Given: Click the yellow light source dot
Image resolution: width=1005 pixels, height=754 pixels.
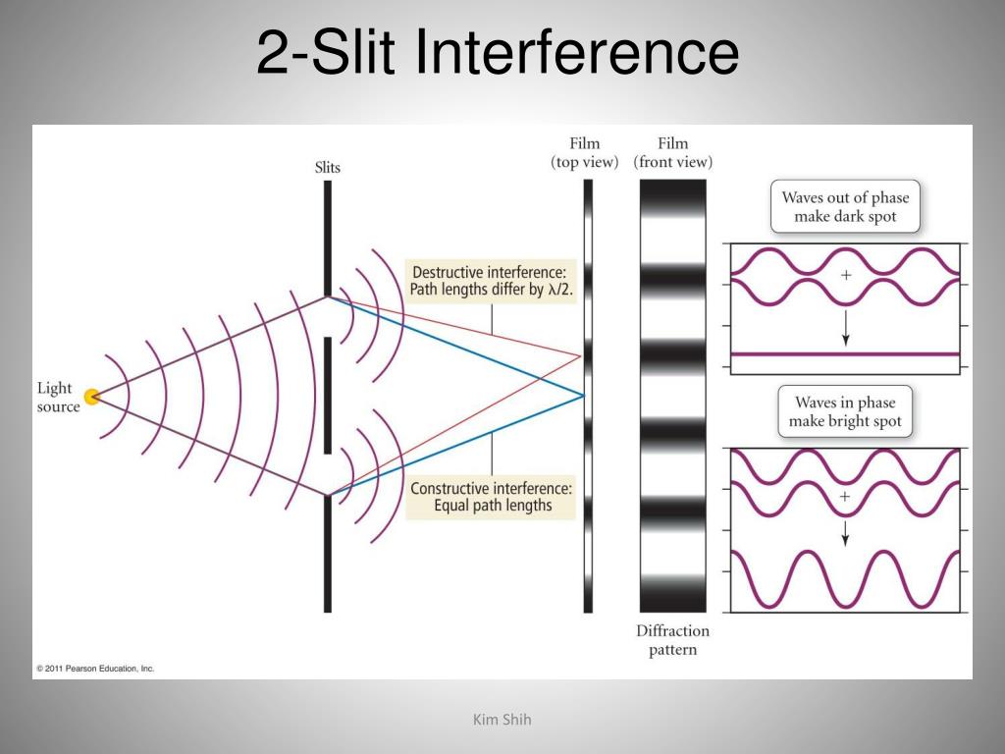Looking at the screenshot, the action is tap(92, 397).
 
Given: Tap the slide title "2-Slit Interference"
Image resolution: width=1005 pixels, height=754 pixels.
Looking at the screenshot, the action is tap(497, 53).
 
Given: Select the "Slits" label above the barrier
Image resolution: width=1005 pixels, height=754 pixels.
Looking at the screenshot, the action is tap(328, 167).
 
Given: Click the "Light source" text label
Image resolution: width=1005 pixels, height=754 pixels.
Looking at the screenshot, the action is tap(59, 398).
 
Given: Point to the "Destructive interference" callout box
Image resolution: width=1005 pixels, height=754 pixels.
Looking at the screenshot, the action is tap(490, 281).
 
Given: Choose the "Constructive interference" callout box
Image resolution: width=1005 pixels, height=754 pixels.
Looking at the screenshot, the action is tap(491, 497).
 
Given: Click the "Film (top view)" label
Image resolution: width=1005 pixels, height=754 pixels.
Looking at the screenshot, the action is tap(585, 153).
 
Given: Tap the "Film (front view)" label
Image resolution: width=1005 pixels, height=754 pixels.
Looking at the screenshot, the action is tap(673, 153).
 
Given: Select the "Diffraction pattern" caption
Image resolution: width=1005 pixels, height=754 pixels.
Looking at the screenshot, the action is tap(672, 640).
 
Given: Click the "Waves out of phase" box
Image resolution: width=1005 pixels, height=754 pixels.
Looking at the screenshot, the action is tap(845, 207).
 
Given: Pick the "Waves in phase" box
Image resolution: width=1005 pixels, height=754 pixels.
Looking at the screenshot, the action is tap(845, 412).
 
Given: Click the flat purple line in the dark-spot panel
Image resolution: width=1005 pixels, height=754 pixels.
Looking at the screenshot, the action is tap(845, 353).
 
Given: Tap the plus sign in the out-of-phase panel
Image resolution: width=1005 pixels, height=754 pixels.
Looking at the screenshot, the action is tap(846, 276).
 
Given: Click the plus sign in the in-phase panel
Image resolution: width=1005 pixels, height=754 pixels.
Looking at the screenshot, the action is tap(845, 497).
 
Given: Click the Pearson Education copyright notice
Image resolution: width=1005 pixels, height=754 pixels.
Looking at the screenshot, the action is tap(95, 668).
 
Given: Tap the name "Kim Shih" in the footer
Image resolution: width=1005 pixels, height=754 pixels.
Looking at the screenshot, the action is tap(502, 721).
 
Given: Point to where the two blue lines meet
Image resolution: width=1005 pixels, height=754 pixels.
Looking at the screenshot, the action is tap(584, 396).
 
